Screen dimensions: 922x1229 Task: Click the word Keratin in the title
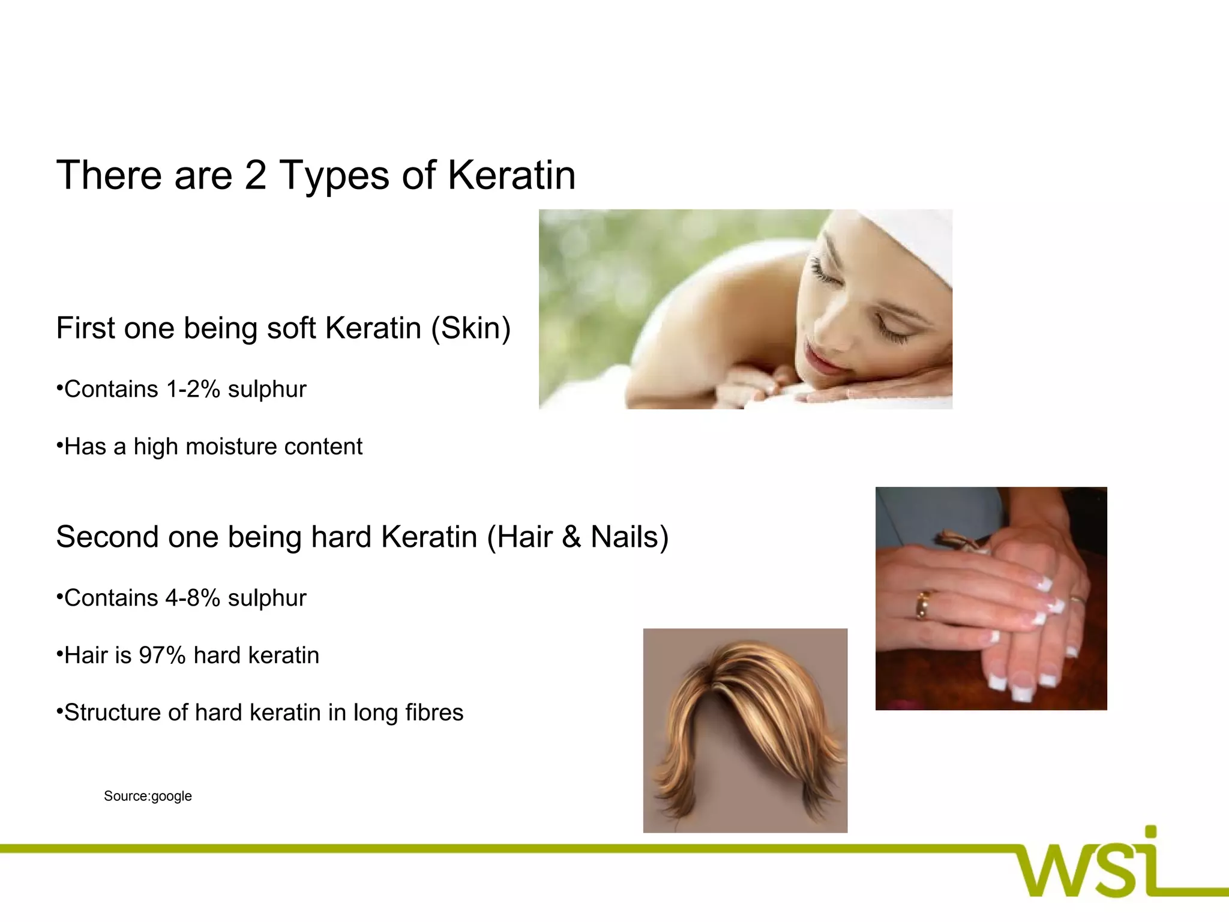[x=511, y=175]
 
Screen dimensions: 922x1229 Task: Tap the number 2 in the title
[x=255, y=175]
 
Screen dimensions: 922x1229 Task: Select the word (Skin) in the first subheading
[x=471, y=328]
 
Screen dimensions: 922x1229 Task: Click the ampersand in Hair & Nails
[x=572, y=537]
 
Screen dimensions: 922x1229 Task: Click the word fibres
[x=434, y=713]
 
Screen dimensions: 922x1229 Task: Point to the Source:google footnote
[x=148, y=796]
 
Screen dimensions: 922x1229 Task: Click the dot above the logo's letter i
[x=1150, y=831]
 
